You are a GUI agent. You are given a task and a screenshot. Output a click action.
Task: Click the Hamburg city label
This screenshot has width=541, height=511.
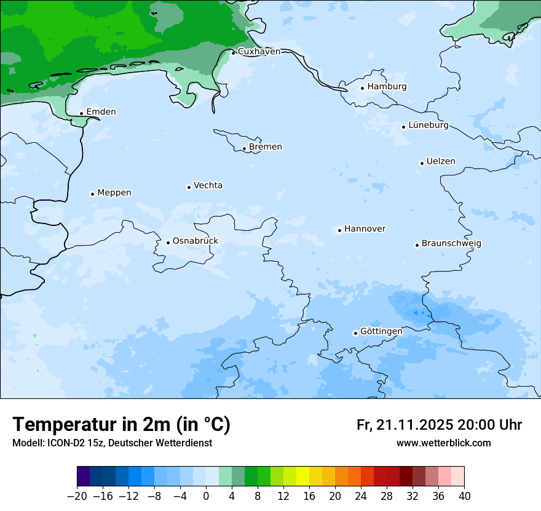click(x=387, y=87)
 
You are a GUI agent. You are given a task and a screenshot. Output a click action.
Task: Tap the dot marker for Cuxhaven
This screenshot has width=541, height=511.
click(x=234, y=52)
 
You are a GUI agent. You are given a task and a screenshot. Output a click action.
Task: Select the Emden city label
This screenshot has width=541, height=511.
click(x=101, y=112)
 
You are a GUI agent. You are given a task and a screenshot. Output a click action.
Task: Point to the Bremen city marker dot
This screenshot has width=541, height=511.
click(x=244, y=148)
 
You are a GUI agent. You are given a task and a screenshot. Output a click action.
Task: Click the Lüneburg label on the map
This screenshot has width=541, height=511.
click(x=428, y=126)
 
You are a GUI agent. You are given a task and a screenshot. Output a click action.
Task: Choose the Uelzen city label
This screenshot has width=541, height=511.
click(x=441, y=161)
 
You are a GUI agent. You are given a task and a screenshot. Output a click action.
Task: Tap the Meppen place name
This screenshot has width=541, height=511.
click(x=114, y=193)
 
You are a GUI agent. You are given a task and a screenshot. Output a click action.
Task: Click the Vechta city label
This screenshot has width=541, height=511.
click(x=208, y=185)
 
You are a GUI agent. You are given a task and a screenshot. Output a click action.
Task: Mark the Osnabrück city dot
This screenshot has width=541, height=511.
click(x=168, y=243)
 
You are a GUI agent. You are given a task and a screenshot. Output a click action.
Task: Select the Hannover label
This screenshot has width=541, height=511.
click(x=365, y=229)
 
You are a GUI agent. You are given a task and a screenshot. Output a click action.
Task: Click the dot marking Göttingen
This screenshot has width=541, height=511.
click(x=355, y=333)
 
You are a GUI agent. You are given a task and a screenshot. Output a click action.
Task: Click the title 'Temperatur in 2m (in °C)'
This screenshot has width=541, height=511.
click(x=121, y=425)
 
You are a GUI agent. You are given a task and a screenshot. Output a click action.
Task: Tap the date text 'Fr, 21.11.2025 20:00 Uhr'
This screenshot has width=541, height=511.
click(x=439, y=425)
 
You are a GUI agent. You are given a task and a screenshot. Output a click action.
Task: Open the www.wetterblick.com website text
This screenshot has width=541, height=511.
click(x=443, y=443)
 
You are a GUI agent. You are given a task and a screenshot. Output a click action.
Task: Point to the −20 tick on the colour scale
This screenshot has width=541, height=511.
click(x=77, y=496)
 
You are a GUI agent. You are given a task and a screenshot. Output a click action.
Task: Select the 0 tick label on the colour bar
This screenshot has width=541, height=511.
click(x=206, y=496)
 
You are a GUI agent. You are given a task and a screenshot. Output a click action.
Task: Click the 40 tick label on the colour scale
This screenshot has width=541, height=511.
click(x=464, y=496)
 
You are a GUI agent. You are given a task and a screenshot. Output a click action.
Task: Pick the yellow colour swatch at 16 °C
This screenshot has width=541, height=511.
click(x=302, y=477)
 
